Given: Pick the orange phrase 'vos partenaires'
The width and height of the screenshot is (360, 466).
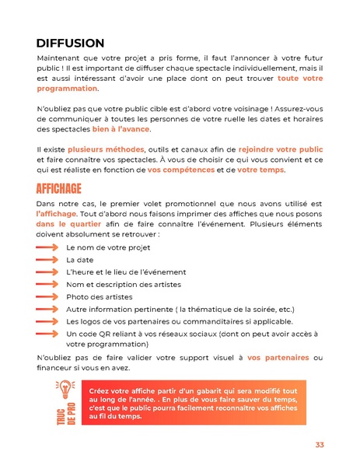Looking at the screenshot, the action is coord(277,357).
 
